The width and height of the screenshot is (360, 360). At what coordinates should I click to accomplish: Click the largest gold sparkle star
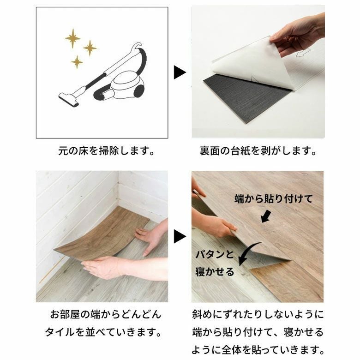pos(73,38)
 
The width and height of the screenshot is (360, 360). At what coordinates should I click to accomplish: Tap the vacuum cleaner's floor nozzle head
pos(68,99)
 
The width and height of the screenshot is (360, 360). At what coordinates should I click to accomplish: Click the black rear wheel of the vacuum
pos(139,90)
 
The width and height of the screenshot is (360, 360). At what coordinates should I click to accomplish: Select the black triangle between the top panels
pos(180,72)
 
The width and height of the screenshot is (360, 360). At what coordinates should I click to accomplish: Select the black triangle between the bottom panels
pos(180,236)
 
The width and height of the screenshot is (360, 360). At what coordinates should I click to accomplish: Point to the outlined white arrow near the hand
pos(303,53)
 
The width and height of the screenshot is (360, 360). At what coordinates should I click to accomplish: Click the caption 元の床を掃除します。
pos(106,151)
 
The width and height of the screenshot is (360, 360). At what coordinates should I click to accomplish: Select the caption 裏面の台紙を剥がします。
pos(258,151)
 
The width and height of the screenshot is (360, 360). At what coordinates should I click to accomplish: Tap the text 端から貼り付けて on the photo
pos(273,199)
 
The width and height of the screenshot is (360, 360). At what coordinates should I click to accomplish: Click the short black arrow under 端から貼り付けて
pos(266,217)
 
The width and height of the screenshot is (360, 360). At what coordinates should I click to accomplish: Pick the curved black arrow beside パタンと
pos(249,252)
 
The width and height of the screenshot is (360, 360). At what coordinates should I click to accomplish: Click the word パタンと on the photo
pos(215,254)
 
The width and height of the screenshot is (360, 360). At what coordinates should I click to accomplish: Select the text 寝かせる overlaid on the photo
pos(215,271)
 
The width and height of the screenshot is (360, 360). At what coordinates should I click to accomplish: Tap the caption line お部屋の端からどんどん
pos(106,315)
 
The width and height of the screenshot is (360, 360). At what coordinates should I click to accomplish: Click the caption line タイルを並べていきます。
pos(103,332)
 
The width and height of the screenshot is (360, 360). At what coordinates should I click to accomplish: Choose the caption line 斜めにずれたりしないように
pos(258,315)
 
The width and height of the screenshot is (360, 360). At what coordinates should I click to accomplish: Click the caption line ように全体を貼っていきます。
pos(258,350)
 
